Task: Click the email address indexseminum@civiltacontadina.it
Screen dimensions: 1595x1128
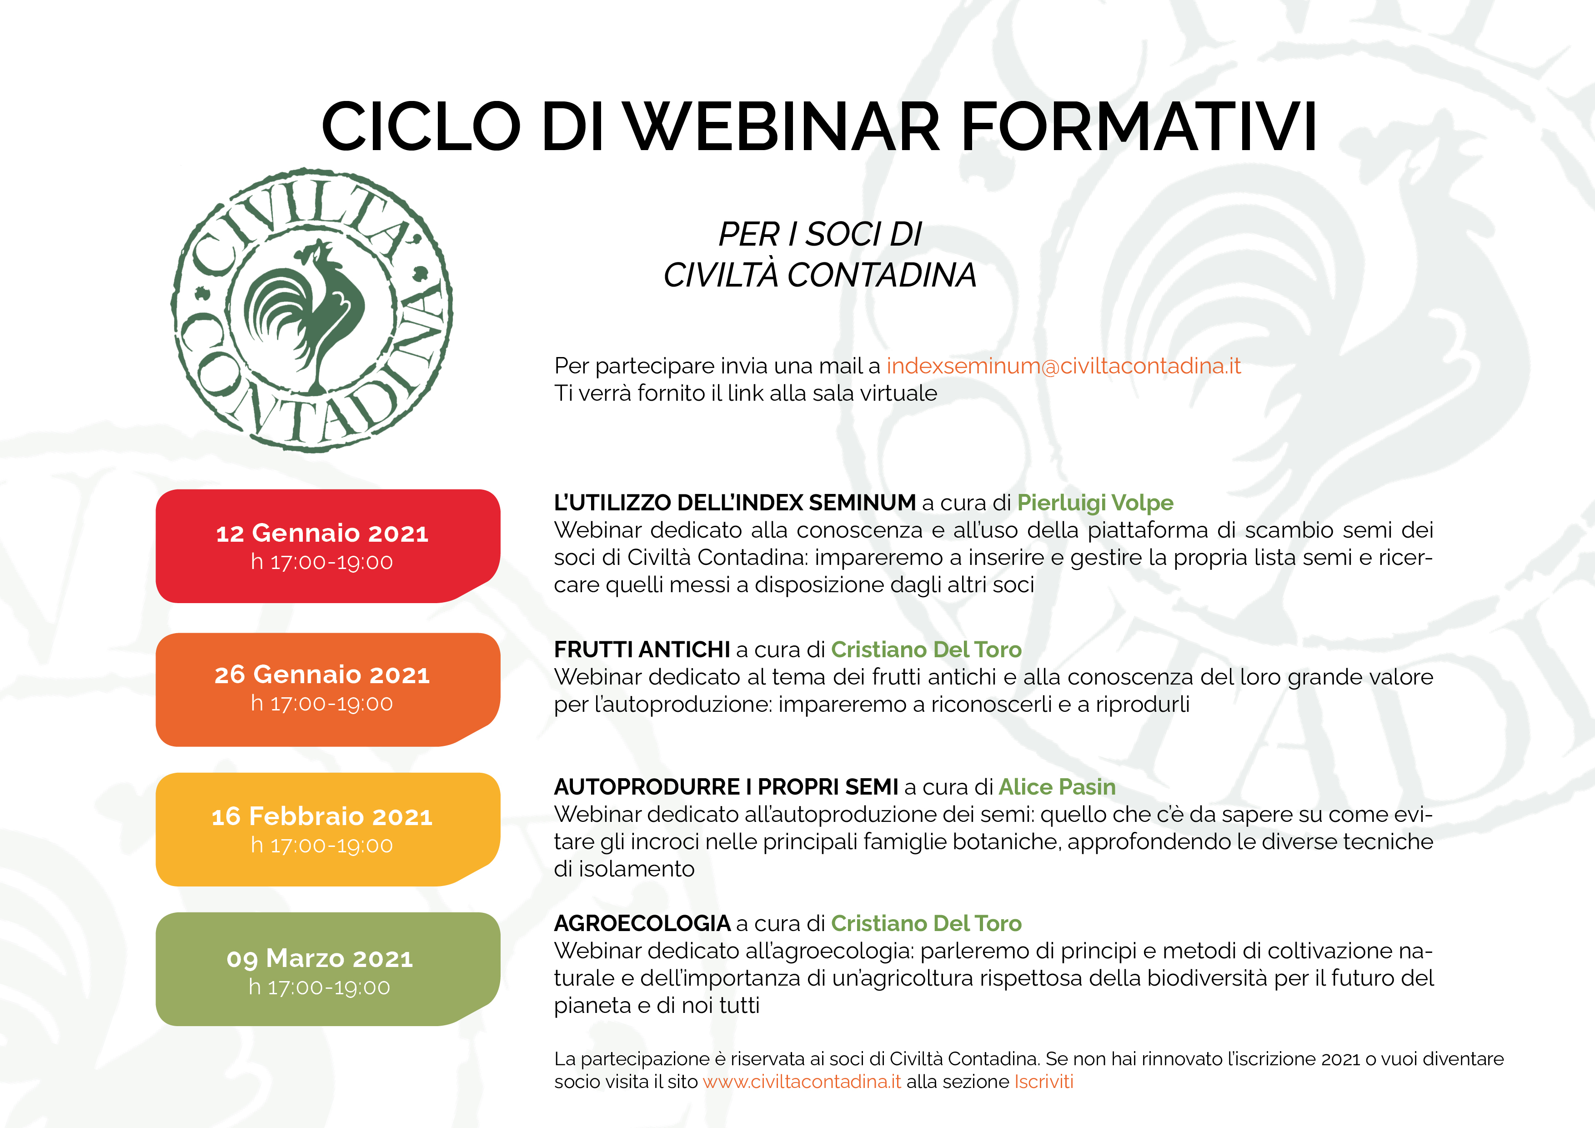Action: [1063, 366]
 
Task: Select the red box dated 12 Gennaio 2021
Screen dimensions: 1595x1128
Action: [328, 546]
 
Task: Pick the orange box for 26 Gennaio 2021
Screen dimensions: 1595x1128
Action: [328, 690]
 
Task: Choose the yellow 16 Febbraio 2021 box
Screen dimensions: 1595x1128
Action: [328, 829]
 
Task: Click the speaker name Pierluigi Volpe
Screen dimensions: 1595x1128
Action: [1095, 503]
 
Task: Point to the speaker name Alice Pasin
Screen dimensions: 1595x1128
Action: [1057, 787]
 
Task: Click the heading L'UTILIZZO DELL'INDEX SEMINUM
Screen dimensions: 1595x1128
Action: [735, 503]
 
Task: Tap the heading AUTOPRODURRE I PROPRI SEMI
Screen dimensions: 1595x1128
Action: [726, 787]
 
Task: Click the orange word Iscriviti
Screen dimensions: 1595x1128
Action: [1043, 1082]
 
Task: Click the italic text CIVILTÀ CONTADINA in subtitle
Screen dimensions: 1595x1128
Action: [820, 275]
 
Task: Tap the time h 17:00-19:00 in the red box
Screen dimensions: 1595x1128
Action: [321, 562]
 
